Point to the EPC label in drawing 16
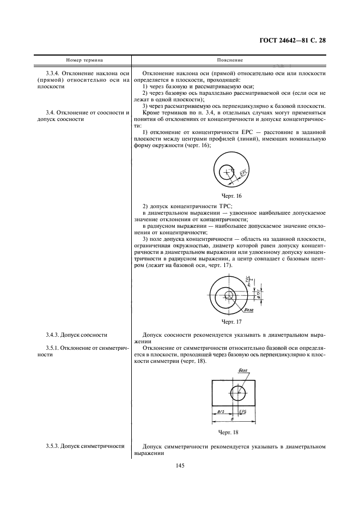[x=243, y=174]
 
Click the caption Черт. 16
[x=231, y=195]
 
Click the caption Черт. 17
[x=231, y=321]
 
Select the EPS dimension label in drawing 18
[x=245, y=412]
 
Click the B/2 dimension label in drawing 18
[x=221, y=412]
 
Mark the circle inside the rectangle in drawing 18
[x=237, y=393]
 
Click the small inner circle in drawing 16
[x=225, y=173]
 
